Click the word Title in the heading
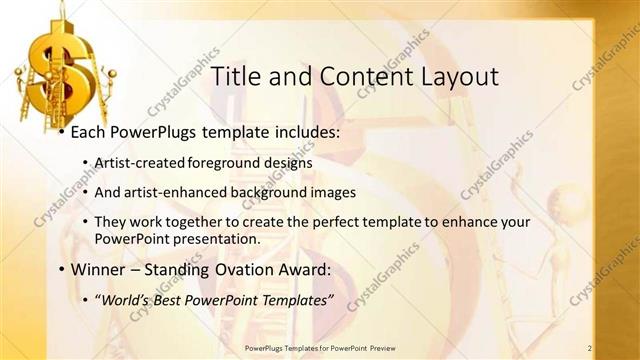pyautogui.click(x=240, y=76)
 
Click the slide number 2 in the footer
pyautogui.click(x=590, y=348)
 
